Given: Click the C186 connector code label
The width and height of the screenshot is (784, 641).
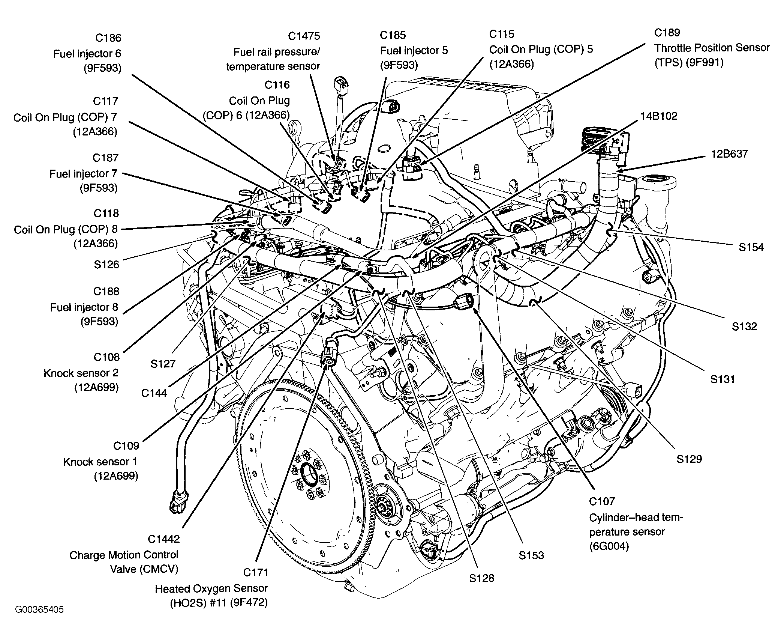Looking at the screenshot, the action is click(x=108, y=38).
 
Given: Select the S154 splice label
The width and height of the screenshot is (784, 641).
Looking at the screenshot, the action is click(x=751, y=247).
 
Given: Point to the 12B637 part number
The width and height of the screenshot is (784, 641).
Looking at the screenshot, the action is click(x=730, y=154).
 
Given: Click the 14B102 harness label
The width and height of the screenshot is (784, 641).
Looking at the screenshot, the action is click(x=659, y=116).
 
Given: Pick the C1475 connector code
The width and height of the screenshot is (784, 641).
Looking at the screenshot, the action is click(x=304, y=36).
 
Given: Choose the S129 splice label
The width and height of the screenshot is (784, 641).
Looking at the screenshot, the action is click(x=689, y=459).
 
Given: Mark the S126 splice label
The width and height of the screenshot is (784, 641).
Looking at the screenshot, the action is click(x=106, y=265).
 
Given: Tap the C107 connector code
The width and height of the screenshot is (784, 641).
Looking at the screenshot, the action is click(x=602, y=501).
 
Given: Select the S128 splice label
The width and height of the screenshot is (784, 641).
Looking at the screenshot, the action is click(x=482, y=578).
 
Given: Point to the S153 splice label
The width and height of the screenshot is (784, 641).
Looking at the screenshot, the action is click(x=531, y=555).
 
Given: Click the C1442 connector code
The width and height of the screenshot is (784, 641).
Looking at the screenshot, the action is click(x=164, y=539).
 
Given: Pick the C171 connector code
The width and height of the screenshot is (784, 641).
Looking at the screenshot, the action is click(x=256, y=573).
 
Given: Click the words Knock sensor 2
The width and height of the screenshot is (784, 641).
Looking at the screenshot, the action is click(x=81, y=373).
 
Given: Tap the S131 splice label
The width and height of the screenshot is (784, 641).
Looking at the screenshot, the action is click(x=723, y=379).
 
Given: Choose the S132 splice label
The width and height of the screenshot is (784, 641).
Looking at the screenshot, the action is click(x=745, y=327).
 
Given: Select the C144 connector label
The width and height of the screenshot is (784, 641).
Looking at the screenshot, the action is click(x=154, y=393).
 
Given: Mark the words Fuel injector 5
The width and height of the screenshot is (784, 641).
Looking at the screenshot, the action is click(x=414, y=51).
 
